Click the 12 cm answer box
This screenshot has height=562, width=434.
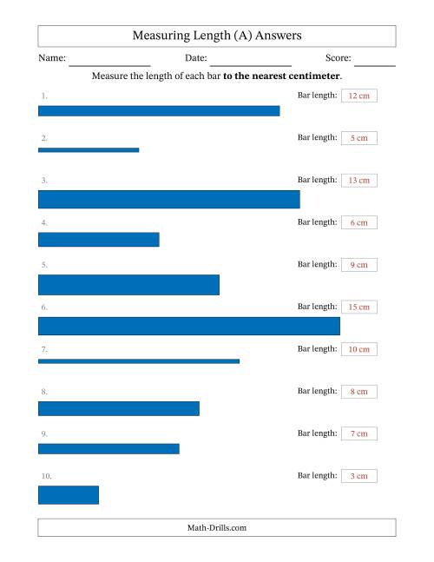tap(359, 96)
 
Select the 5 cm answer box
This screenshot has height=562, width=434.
tap(359, 138)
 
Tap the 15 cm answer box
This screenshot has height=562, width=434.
tap(359, 307)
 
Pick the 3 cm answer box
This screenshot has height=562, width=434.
tap(359, 476)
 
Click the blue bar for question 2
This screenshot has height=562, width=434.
tap(89, 150)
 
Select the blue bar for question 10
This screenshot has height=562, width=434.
tap(69, 495)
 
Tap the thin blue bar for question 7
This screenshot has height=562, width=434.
tap(139, 361)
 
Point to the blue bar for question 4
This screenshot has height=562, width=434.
tap(99, 240)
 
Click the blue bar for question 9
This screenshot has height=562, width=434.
tap(108, 449)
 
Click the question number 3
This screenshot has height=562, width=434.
tap(44, 181)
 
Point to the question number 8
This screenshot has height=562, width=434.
tap(44, 392)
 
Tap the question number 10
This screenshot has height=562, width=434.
tap(47, 476)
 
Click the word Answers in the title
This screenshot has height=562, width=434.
tap(279, 36)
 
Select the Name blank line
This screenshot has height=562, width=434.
tap(109, 66)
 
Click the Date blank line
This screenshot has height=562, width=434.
tap(251, 66)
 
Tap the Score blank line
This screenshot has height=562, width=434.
tap(375, 66)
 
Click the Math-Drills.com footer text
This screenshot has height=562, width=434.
tap(217, 527)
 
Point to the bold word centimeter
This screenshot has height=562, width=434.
tap(314, 76)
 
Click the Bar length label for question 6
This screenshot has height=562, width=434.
tap(318, 307)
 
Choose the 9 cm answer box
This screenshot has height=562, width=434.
tap(359, 265)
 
